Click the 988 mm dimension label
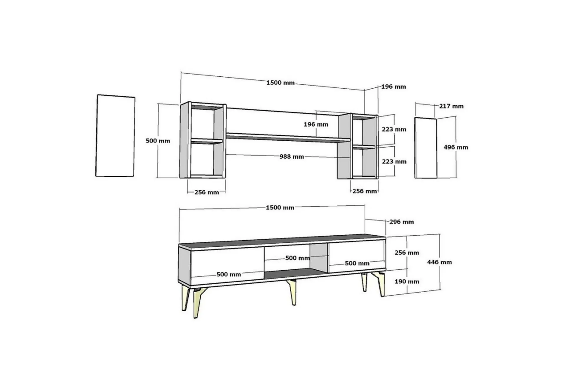[x=292, y=157]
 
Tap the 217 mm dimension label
[x=451, y=106]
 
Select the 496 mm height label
[x=456, y=147]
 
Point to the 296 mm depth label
[x=402, y=222]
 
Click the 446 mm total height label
[x=440, y=262]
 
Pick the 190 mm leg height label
[x=407, y=282]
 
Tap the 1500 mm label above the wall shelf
[x=280, y=83]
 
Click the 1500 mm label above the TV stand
[x=280, y=208]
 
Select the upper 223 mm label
[x=394, y=130]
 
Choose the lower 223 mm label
[x=394, y=162]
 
